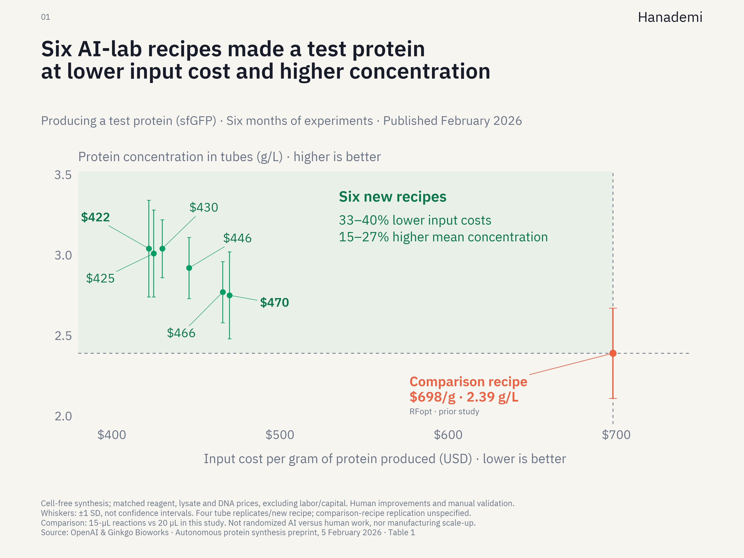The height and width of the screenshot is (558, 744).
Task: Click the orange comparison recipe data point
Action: [x=613, y=353]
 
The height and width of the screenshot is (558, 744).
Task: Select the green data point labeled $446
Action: [x=189, y=268]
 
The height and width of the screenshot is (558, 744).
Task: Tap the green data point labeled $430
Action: [x=162, y=249]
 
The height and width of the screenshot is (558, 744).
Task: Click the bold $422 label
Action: [x=96, y=217]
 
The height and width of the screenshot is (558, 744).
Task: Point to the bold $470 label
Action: [x=274, y=302]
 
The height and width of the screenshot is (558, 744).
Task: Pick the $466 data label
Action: [x=181, y=333]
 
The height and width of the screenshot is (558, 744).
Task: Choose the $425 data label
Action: [x=100, y=278]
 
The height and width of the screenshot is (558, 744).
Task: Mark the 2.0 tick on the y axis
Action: [x=63, y=416]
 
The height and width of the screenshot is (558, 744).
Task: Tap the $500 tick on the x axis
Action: [x=280, y=435]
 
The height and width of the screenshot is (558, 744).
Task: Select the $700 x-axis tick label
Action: [x=616, y=435]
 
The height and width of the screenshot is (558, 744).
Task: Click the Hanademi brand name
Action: [x=670, y=17]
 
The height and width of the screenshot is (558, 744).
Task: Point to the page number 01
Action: [x=45, y=17]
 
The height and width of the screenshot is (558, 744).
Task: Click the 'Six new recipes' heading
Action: [x=392, y=197]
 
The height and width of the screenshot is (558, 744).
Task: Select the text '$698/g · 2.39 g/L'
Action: [x=464, y=397]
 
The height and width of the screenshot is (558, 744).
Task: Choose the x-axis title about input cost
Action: [x=385, y=459]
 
